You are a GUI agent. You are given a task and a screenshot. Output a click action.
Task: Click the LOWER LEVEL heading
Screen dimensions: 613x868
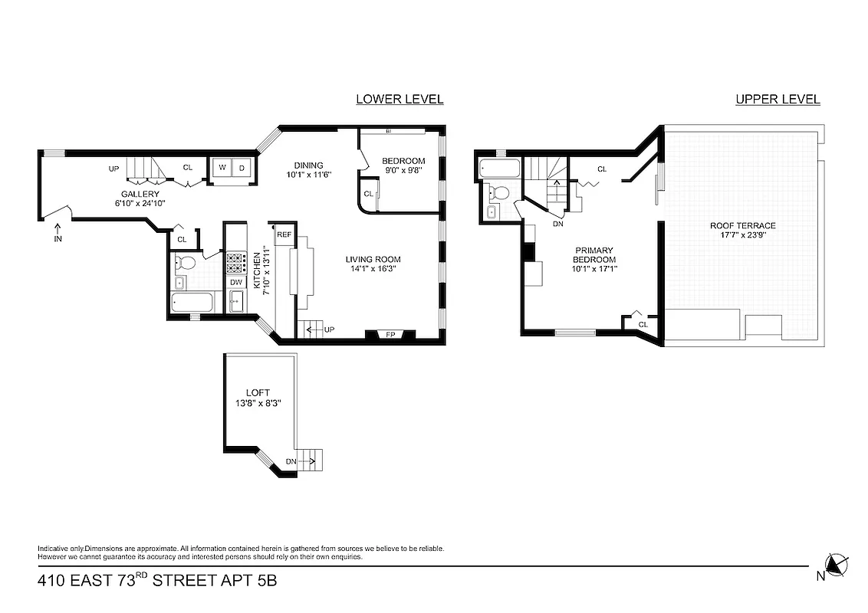(399, 99)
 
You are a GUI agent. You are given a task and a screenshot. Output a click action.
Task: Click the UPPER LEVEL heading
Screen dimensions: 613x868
(778, 99)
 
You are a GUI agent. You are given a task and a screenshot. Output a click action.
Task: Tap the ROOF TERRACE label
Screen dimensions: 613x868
(742, 225)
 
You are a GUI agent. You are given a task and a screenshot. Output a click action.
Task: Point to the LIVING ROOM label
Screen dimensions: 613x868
(373, 259)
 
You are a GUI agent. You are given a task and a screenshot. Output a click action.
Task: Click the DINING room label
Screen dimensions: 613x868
(309, 165)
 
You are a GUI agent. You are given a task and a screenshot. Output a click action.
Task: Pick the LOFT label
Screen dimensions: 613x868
(258, 392)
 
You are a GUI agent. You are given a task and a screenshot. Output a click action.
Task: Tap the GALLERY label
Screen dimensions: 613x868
(140, 194)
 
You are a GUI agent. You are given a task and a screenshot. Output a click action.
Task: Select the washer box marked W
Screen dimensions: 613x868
(222, 167)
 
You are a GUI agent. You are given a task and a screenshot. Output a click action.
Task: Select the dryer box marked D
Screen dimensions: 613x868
(241, 167)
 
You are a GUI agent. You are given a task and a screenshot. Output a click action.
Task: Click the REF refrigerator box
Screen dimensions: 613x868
(284, 234)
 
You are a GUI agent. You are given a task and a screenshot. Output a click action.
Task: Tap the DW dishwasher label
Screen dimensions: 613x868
(236, 282)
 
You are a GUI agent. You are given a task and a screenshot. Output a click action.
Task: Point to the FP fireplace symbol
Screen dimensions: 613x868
(390, 334)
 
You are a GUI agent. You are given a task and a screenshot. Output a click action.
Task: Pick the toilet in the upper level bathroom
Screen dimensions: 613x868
(498, 192)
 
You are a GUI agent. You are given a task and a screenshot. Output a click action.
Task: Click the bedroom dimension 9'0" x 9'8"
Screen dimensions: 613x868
(403, 171)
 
